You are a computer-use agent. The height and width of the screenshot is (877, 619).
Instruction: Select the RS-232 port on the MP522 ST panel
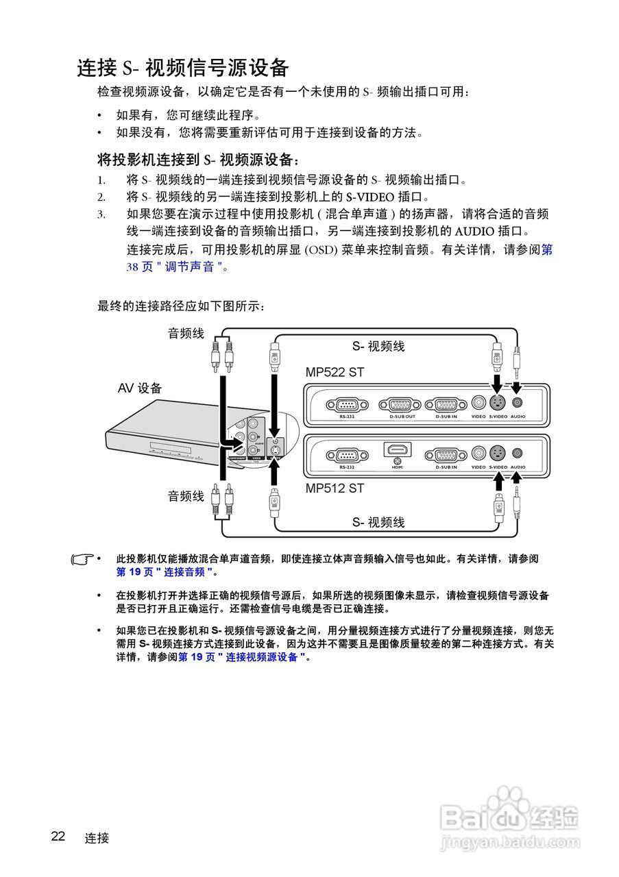tap(346, 404)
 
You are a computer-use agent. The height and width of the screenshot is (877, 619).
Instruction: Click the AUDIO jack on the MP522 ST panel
tap(518, 404)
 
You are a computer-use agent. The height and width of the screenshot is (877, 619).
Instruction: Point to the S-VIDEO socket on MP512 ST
tap(498, 453)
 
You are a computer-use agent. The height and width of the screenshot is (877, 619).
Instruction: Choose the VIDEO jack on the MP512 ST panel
tap(478, 453)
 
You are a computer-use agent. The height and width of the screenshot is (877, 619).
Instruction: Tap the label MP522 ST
tap(335, 373)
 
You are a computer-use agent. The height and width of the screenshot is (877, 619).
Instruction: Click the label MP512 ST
tap(335, 489)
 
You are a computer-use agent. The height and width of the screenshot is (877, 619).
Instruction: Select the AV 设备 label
tap(140, 388)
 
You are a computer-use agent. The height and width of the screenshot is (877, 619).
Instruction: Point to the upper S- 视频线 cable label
tap(378, 347)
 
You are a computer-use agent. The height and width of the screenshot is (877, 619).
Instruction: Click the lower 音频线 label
tap(186, 496)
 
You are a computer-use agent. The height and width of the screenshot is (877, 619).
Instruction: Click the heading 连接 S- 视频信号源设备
tap(182, 69)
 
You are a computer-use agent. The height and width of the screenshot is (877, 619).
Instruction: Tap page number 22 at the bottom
tap(58, 837)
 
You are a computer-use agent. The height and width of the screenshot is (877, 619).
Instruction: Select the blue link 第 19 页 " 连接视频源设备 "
tap(242, 657)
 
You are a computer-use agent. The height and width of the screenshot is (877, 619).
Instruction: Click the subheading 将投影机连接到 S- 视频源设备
tap(199, 160)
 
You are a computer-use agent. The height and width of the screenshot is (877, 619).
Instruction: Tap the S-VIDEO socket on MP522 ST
tap(498, 404)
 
